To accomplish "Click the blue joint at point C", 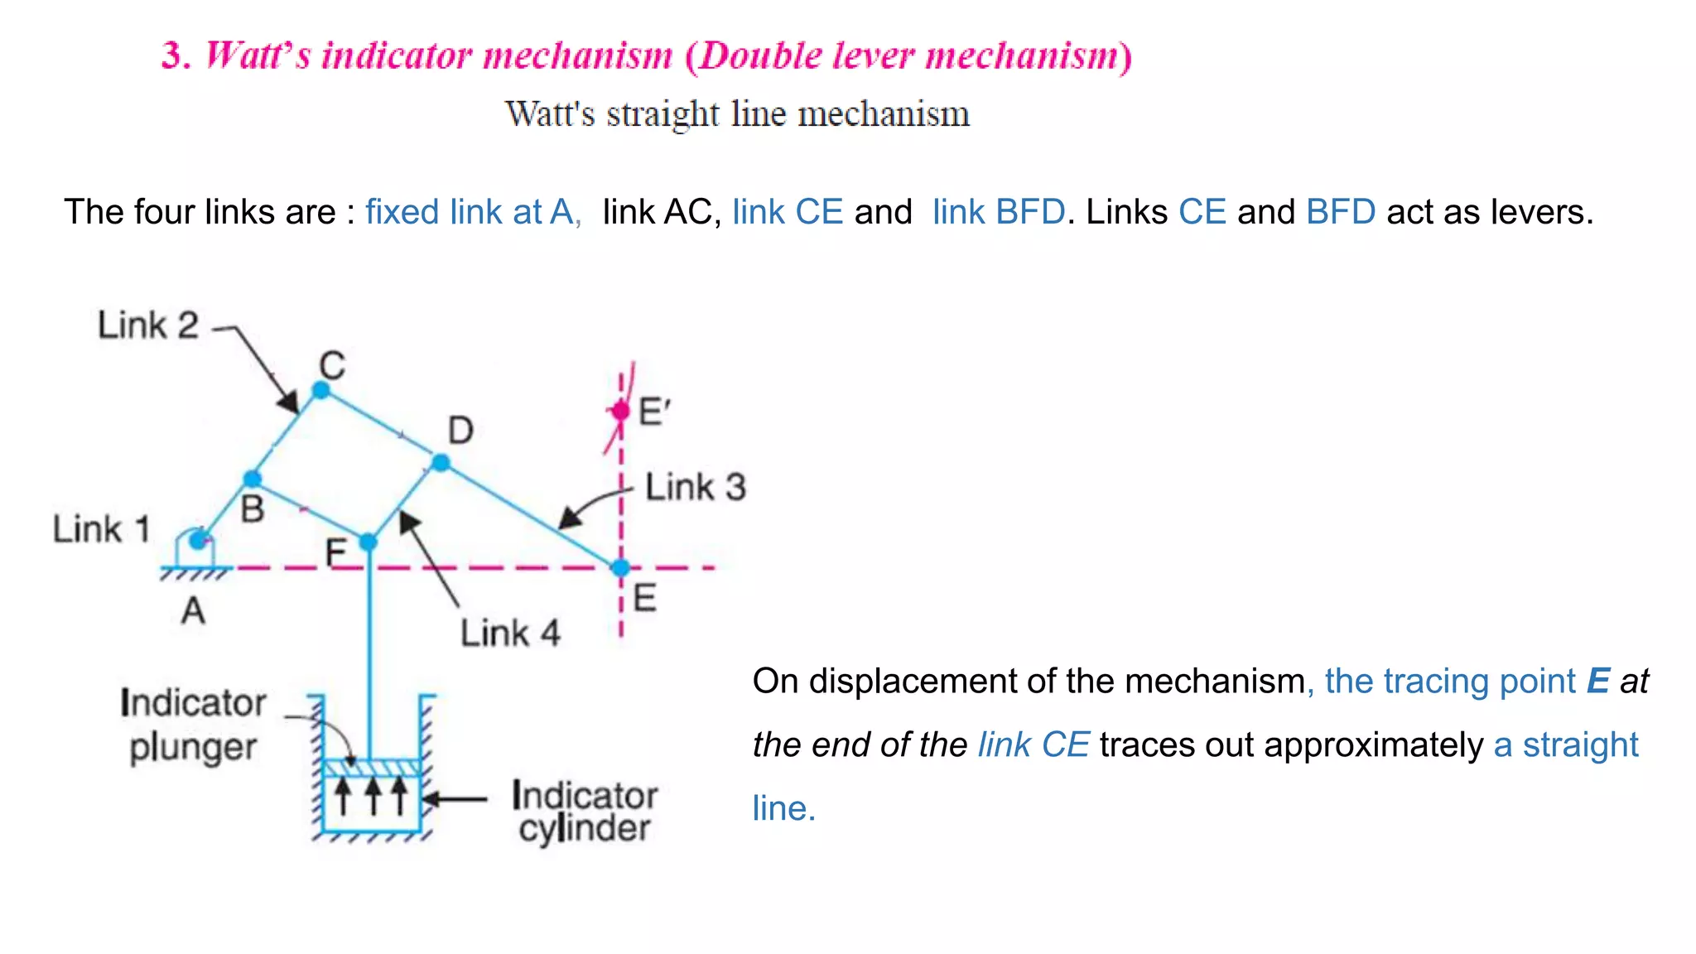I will pyautogui.click(x=321, y=390).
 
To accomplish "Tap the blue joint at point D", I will pyautogui.click(x=441, y=462).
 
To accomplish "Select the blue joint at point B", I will pyautogui.click(x=253, y=479).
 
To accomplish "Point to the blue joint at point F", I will pyautogui.click(x=369, y=542).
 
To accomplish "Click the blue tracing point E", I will pyautogui.click(x=620, y=568).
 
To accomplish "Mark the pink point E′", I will pyautogui.click(x=620, y=411).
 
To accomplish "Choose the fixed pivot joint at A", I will pyautogui.click(x=197, y=541).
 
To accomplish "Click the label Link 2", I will pyautogui.click(x=148, y=325).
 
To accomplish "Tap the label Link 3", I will pyautogui.click(x=696, y=487).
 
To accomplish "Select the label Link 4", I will pyautogui.click(x=510, y=634).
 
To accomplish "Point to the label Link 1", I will pyautogui.click(x=101, y=529).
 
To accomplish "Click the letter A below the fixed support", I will pyautogui.click(x=193, y=611).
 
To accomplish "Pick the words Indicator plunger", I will pyautogui.click(x=193, y=725).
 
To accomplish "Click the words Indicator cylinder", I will pyautogui.click(x=585, y=812).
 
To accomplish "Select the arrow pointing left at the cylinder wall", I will pyautogui.click(x=456, y=799).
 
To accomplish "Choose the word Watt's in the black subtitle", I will pyautogui.click(x=550, y=113).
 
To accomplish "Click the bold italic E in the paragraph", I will pyautogui.click(x=1597, y=682).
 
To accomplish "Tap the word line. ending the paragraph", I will pyautogui.click(x=783, y=808).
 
